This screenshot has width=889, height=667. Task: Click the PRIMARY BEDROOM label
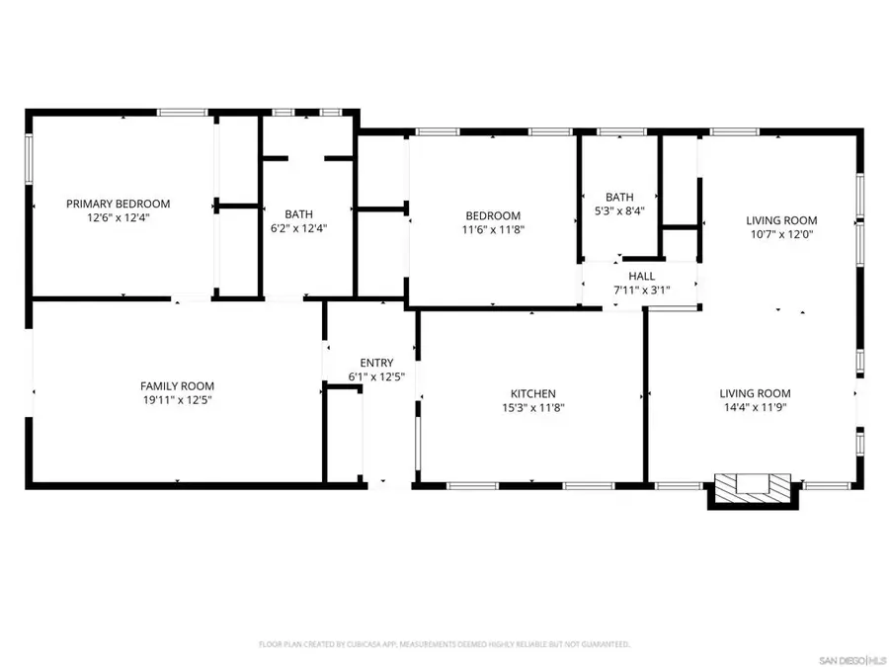coord(118,204)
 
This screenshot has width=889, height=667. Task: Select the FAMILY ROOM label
coord(177,386)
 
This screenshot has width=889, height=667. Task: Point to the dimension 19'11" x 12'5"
coord(177,400)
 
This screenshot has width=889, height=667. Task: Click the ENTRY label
coord(376,363)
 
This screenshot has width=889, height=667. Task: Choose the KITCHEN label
coord(532,393)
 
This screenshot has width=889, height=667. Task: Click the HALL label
coord(641,276)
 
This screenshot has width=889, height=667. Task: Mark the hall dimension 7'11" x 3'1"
coord(641,290)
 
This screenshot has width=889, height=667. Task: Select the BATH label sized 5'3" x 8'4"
coord(619,197)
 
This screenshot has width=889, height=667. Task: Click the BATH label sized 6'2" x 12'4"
coord(298,214)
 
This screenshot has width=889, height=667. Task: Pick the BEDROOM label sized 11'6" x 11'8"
coord(493,216)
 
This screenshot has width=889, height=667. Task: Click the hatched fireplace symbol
coord(754,485)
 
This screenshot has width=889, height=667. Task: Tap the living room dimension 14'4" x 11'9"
coord(755,407)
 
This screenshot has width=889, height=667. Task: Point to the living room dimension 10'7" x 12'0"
coord(781,235)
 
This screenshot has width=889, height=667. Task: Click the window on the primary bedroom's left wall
coord(30,158)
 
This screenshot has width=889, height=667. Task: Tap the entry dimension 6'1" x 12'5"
coord(376,376)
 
